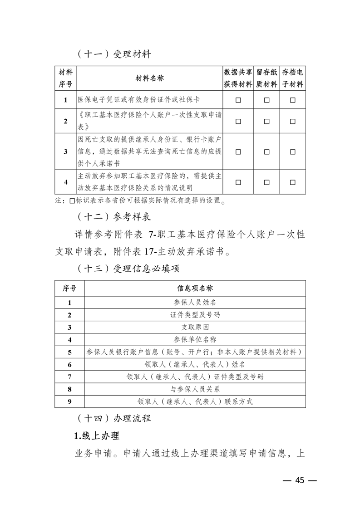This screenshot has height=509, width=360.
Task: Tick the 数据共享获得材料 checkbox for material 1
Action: tap(238, 100)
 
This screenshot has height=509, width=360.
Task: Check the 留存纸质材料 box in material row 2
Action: tap(266, 121)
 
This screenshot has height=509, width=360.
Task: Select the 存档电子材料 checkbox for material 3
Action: tap(293, 152)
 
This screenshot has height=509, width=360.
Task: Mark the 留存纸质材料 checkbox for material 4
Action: tap(266, 182)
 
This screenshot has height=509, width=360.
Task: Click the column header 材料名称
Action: tap(150, 78)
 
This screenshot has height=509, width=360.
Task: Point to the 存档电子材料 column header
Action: tap(293, 78)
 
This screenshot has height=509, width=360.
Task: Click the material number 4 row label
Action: tap(66, 182)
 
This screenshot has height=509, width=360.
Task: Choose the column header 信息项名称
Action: tap(195, 288)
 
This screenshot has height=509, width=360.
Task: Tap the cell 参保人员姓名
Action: tap(195, 302)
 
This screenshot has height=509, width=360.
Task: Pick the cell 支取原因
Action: tap(195, 327)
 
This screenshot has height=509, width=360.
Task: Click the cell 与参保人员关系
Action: tap(195, 389)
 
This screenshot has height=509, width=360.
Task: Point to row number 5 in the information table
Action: tap(69, 352)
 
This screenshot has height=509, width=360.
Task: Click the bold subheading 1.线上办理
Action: tap(96, 436)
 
